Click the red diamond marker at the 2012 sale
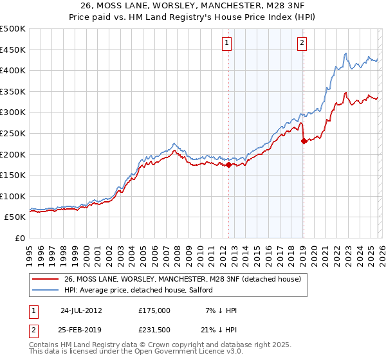[x=228, y=165]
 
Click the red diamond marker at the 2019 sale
[x=303, y=141]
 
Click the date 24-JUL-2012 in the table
[x=81, y=310]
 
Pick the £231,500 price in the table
[x=154, y=328]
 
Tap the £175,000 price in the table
[x=154, y=310]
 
